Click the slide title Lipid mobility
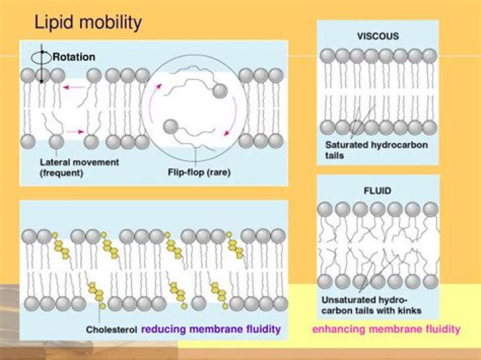(88, 23)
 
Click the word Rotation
(73, 57)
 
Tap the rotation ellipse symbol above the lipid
(41, 58)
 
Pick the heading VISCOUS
(377, 36)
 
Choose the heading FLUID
(377, 190)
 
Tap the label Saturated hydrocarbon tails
(367, 149)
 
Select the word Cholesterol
(112, 330)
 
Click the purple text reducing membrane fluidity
(210, 329)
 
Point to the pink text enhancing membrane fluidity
(386, 329)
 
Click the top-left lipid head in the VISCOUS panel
(327, 55)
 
